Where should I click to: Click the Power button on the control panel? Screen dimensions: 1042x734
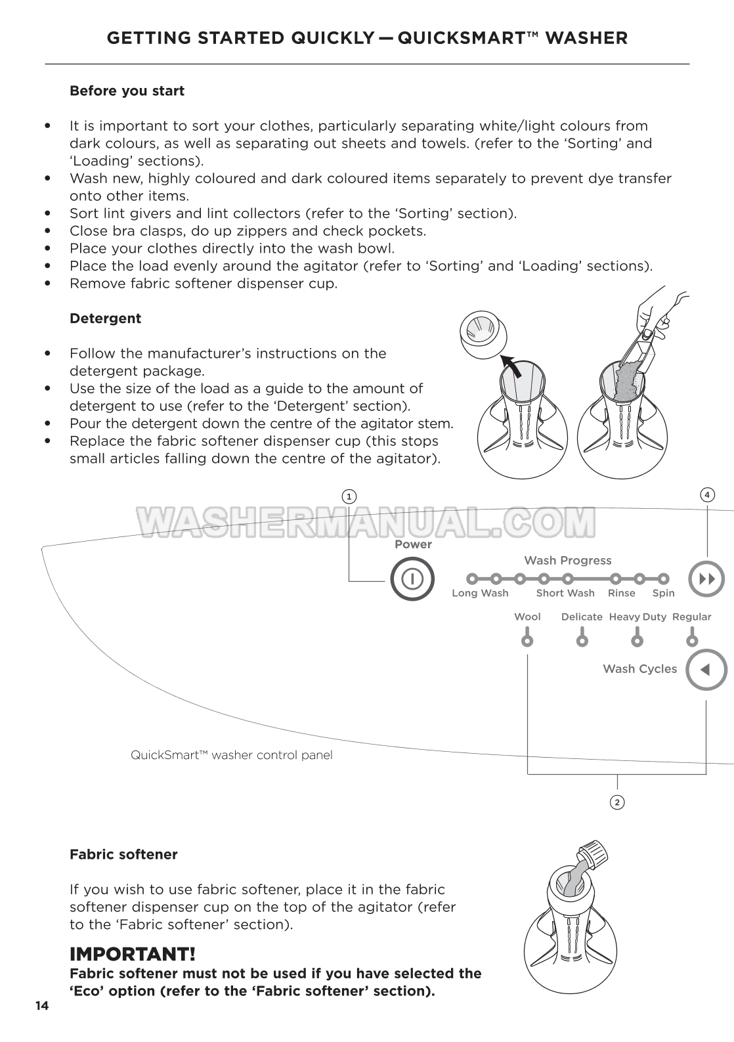(x=412, y=578)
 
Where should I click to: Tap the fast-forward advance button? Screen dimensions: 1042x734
(x=706, y=579)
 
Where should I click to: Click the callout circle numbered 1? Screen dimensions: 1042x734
(x=349, y=496)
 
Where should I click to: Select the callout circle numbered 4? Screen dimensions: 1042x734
(x=706, y=494)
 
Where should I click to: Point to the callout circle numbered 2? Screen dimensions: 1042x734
(x=616, y=802)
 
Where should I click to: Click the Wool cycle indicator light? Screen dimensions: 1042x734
(x=527, y=640)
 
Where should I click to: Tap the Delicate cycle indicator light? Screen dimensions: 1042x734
(x=582, y=640)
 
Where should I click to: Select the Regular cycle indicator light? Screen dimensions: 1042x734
(x=692, y=640)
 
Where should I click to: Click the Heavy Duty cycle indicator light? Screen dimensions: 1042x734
(x=637, y=640)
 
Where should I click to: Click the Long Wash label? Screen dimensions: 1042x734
(x=480, y=593)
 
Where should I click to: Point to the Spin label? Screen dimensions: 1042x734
(x=663, y=593)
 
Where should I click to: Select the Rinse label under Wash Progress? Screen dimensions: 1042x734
(x=621, y=593)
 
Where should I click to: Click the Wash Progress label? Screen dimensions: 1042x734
(x=567, y=560)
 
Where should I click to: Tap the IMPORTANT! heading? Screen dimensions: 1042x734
(x=132, y=953)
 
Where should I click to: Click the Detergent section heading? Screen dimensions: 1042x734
(x=105, y=318)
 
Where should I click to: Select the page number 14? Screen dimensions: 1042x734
(x=42, y=1006)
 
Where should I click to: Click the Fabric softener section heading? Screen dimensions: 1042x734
(x=123, y=854)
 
